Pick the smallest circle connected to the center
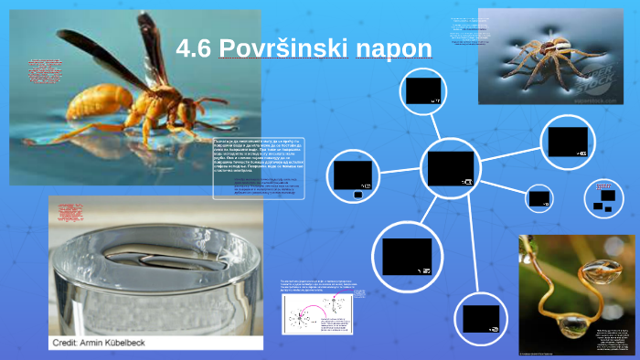coord(539,197)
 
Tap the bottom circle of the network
coord(481,318)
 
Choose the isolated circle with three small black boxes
coord(604,197)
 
